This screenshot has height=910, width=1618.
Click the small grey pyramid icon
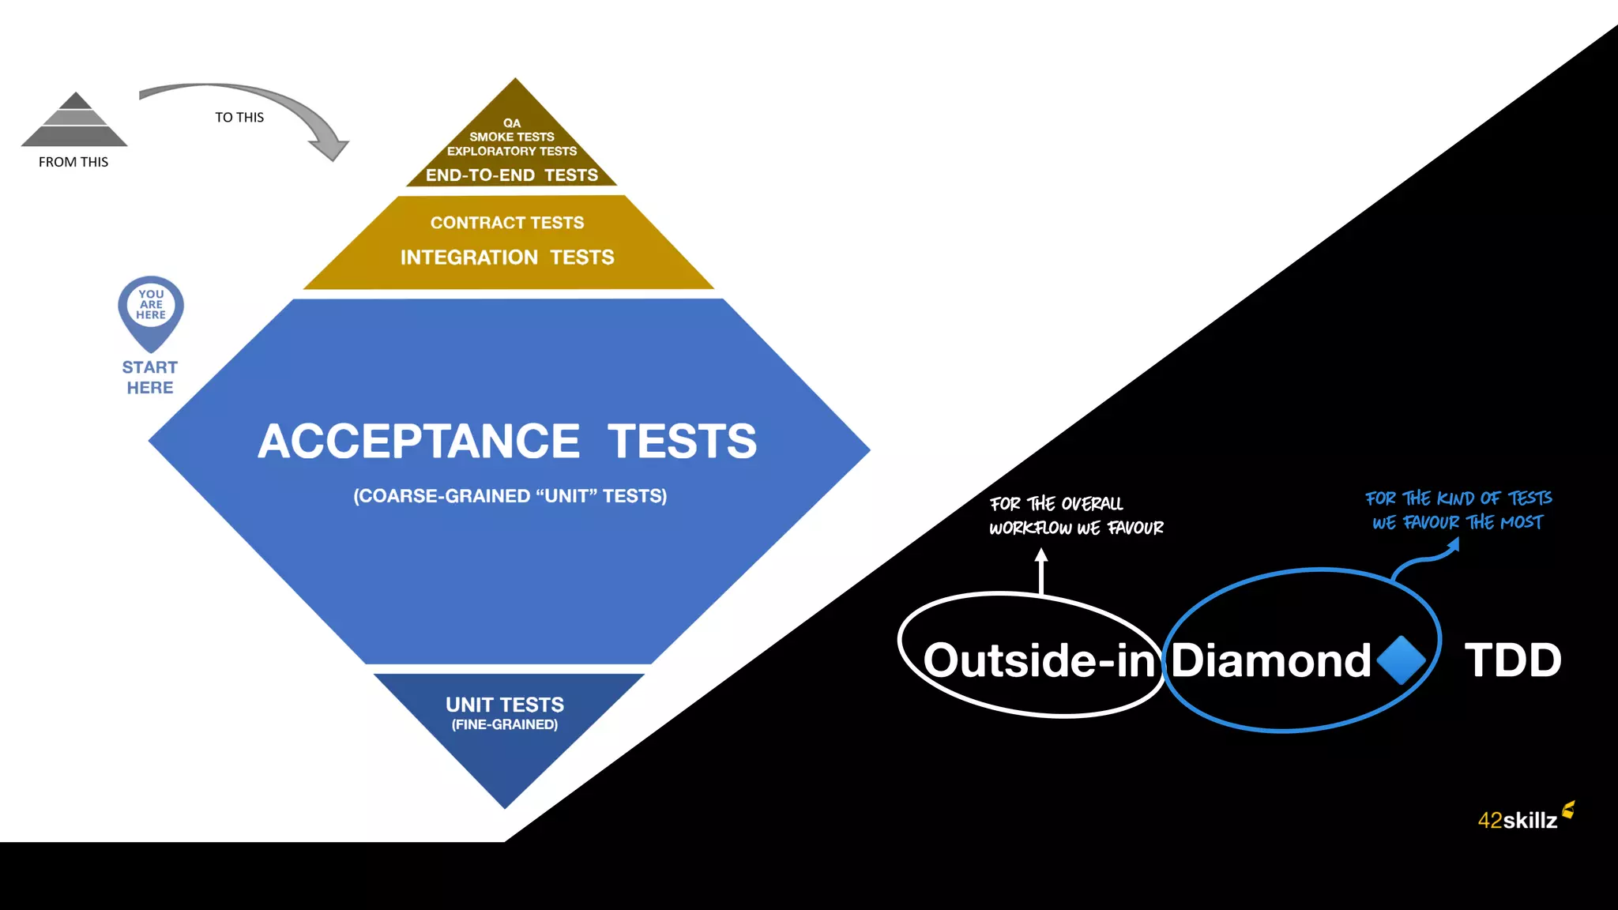pyautogui.click(x=74, y=120)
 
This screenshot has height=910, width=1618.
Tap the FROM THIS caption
pyautogui.click(x=73, y=162)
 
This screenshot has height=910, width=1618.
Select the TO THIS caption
pyautogui.click(x=239, y=118)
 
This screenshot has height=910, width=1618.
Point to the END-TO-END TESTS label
pyautogui.click(x=512, y=175)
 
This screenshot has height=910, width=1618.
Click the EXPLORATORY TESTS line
pyautogui.click(x=512, y=151)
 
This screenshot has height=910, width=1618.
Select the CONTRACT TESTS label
pyautogui.click(x=507, y=223)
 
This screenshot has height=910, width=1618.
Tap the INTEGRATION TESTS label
pyautogui.click(x=507, y=258)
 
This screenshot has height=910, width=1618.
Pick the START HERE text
pyautogui.click(x=150, y=378)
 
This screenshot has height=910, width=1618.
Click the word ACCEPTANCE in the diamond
pyautogui.click(x=419, y=441)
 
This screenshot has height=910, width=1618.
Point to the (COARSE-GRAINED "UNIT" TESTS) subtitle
pyautogui.click(x=510, y=496)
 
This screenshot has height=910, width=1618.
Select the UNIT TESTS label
pyautogui.click(x=505, y=705)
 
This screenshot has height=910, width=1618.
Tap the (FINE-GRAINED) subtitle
pyautogui.click(x=505, y=725)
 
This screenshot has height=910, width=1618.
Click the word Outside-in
pyautogui.click(x=1039, y=660)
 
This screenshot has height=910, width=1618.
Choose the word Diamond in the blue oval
pyautogui.click(x=1270, y=660)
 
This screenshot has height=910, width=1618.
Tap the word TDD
pyautogui.click(x=1513, y=660)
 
